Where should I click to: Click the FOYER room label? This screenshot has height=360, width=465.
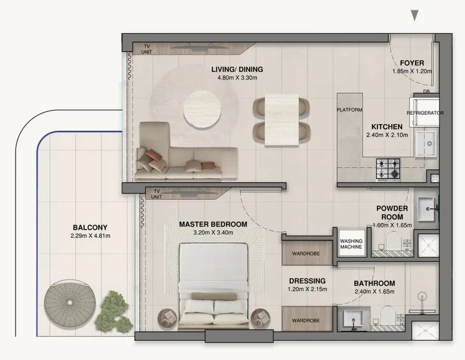[412, 63]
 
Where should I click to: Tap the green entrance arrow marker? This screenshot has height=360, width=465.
[415, 15]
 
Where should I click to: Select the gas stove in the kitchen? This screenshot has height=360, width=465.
[388, 169]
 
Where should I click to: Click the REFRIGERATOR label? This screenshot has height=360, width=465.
[425, 113]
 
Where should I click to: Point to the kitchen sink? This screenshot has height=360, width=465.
[426, 143]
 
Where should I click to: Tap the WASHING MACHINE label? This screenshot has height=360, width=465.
[351, 244]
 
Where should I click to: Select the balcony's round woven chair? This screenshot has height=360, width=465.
[70, 302]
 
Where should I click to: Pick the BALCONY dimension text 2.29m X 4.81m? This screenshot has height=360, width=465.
[90, 236]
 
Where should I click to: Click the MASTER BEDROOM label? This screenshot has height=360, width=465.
[213, 224]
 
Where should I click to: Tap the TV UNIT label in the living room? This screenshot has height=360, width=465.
[147, 49]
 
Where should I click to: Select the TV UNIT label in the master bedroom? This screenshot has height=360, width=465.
[156, 194]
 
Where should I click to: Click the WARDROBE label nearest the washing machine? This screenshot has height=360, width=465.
[305, 254]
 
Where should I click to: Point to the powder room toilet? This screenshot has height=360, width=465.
[393, 241]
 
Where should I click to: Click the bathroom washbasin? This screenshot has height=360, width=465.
[353, 319]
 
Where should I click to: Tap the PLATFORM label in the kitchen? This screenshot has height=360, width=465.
[349, 110]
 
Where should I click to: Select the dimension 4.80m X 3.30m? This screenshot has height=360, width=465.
[237, 78]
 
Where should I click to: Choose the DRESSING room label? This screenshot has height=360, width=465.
[307, 281]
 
